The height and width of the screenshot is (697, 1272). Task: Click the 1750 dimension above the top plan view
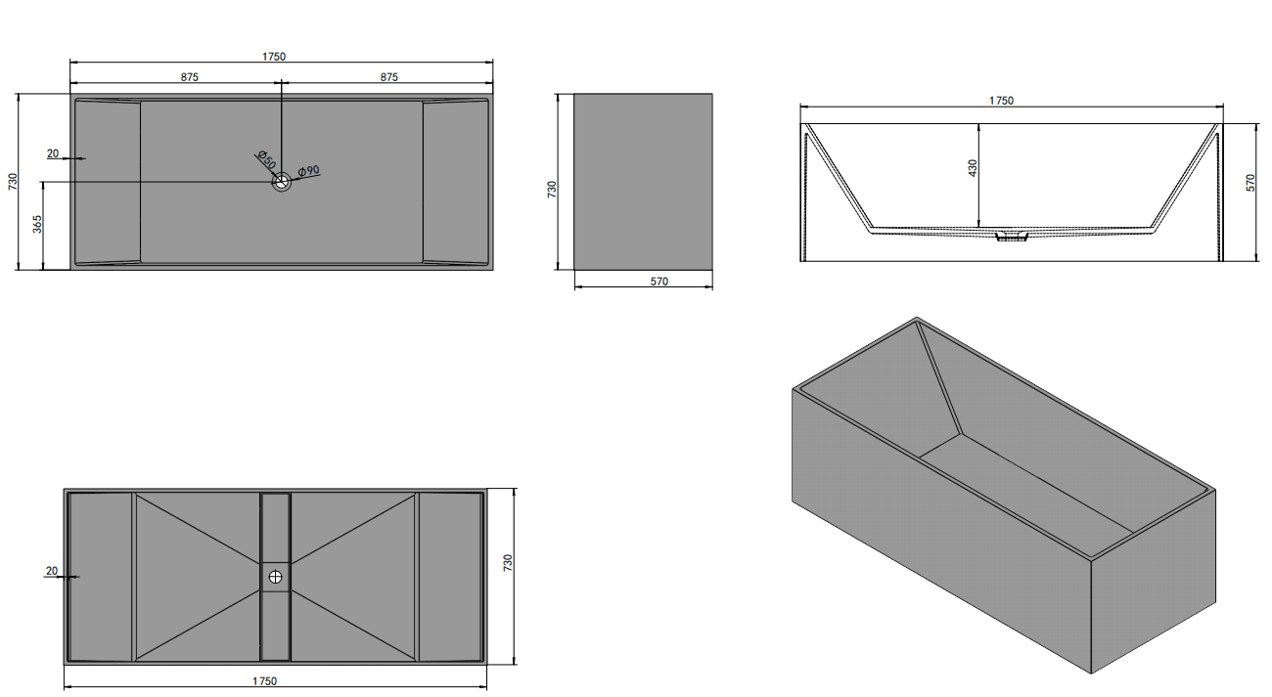click(274, 57)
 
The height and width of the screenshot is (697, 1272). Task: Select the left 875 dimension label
click(190, 77)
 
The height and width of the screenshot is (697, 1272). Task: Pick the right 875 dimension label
click(388, 77)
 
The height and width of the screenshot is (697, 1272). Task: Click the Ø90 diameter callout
click(309, 171)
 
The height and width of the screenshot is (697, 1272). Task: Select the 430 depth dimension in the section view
click(971, 167)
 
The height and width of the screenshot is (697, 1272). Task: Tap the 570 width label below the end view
click(659, 282)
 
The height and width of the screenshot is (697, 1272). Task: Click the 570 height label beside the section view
click(1250, 183)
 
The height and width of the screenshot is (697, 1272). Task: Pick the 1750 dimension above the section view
click(1000, 100)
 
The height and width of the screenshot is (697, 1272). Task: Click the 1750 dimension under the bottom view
click(264, 681)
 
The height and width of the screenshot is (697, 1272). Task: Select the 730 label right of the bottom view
click(508, 563)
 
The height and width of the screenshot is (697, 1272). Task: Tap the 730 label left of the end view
click(552, 189)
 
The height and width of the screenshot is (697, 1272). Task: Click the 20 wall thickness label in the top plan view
click(52, 153)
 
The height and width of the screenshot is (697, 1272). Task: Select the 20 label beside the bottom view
click(51, 571)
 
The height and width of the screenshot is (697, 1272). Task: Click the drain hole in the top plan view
click(282, 181)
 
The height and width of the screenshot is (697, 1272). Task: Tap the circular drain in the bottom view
click(276, 578)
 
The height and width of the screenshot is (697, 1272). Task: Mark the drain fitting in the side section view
click(1011, 237)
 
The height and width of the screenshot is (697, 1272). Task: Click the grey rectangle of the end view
click(643, 181)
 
